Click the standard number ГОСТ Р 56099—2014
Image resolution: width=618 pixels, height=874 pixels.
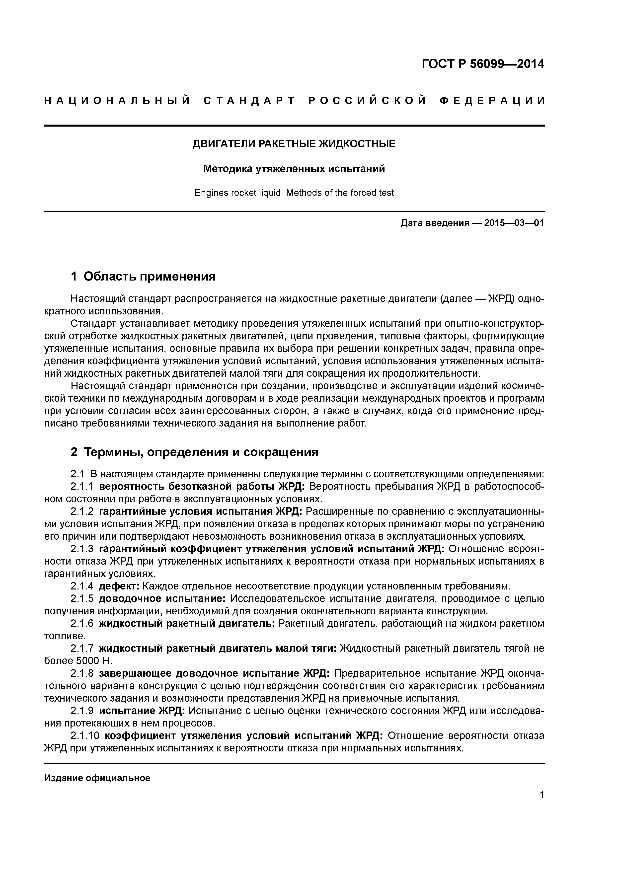(483, 64)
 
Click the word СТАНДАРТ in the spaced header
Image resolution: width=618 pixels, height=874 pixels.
(249, 101)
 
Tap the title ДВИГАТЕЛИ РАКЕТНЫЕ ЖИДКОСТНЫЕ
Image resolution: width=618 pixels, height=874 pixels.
(294, 144)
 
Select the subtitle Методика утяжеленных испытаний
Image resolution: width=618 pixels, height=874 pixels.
(294, 169)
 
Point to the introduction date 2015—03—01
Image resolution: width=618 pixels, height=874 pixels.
(514, 223)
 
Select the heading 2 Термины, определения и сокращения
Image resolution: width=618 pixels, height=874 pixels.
(194, 452)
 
